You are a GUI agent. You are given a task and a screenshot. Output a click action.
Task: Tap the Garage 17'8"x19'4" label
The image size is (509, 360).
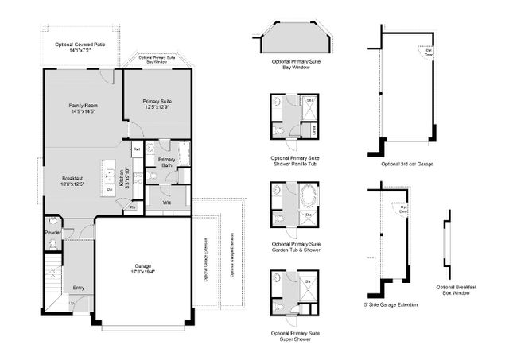tap(143, 269)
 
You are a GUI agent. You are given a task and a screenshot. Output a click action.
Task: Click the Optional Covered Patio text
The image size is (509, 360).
tap(79, 46)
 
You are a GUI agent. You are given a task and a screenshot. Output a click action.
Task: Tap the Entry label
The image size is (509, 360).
tap(79, 288)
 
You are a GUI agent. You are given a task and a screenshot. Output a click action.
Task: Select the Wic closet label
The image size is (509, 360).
tap(167, 202)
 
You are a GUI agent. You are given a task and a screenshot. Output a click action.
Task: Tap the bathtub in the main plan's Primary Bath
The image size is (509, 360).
tap(183, 152)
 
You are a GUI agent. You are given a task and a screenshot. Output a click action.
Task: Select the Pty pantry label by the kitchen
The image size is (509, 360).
tap(132, 207)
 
